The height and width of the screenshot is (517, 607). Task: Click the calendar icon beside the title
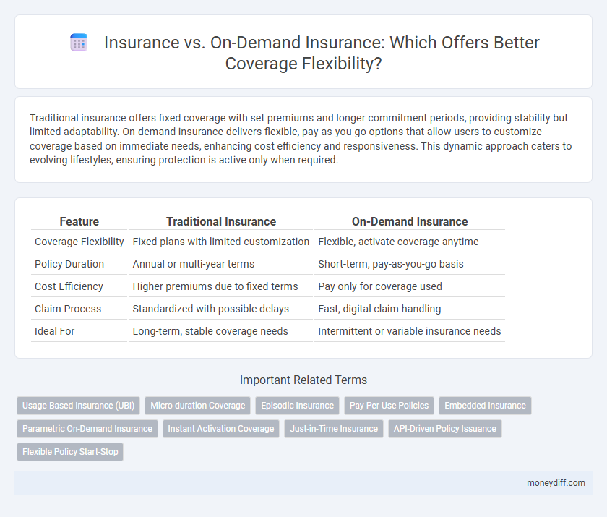pyautogui.click(x=79, y=43)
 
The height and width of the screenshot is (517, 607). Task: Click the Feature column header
pyautogui.click(x=79, y=222)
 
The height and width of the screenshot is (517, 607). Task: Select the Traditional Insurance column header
pyautogui.click(x=220, y=222)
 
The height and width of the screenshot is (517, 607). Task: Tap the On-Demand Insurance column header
pyautogui.click(x=409, y=222)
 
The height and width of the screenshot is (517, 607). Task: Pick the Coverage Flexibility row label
pyautogui.click(x=79, y=242)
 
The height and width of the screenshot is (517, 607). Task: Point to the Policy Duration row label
pyautogui.click(x=69, y=264)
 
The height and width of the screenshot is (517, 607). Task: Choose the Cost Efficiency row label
pyautogui.click(x=68, y=286)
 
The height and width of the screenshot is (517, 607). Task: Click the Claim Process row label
pyautogui.click(x=68, y=309)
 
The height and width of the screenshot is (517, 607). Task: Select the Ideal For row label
pyautogui.click(x=54, y=331)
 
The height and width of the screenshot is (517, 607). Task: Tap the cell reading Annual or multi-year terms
pyautogui.click(x=194, y=264)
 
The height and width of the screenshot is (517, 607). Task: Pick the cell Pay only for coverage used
pyautogui.click(x=380, y=286)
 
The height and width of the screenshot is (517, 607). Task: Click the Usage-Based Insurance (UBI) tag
pyautogui.click(x=78, y=406)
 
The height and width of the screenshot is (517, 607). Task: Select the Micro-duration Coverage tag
pyautogui.click(x=197, y=406)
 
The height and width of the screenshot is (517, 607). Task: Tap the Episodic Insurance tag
pyautogui.click(x=297, y=406)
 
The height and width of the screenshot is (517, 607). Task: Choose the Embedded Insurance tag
pyautogui.click(x=485, y=406)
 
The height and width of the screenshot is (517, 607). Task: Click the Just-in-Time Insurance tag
pyautogui.click(x=334, y=428)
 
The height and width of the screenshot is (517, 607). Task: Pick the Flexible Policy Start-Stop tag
pyautogui.click(x=70, y=451)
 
